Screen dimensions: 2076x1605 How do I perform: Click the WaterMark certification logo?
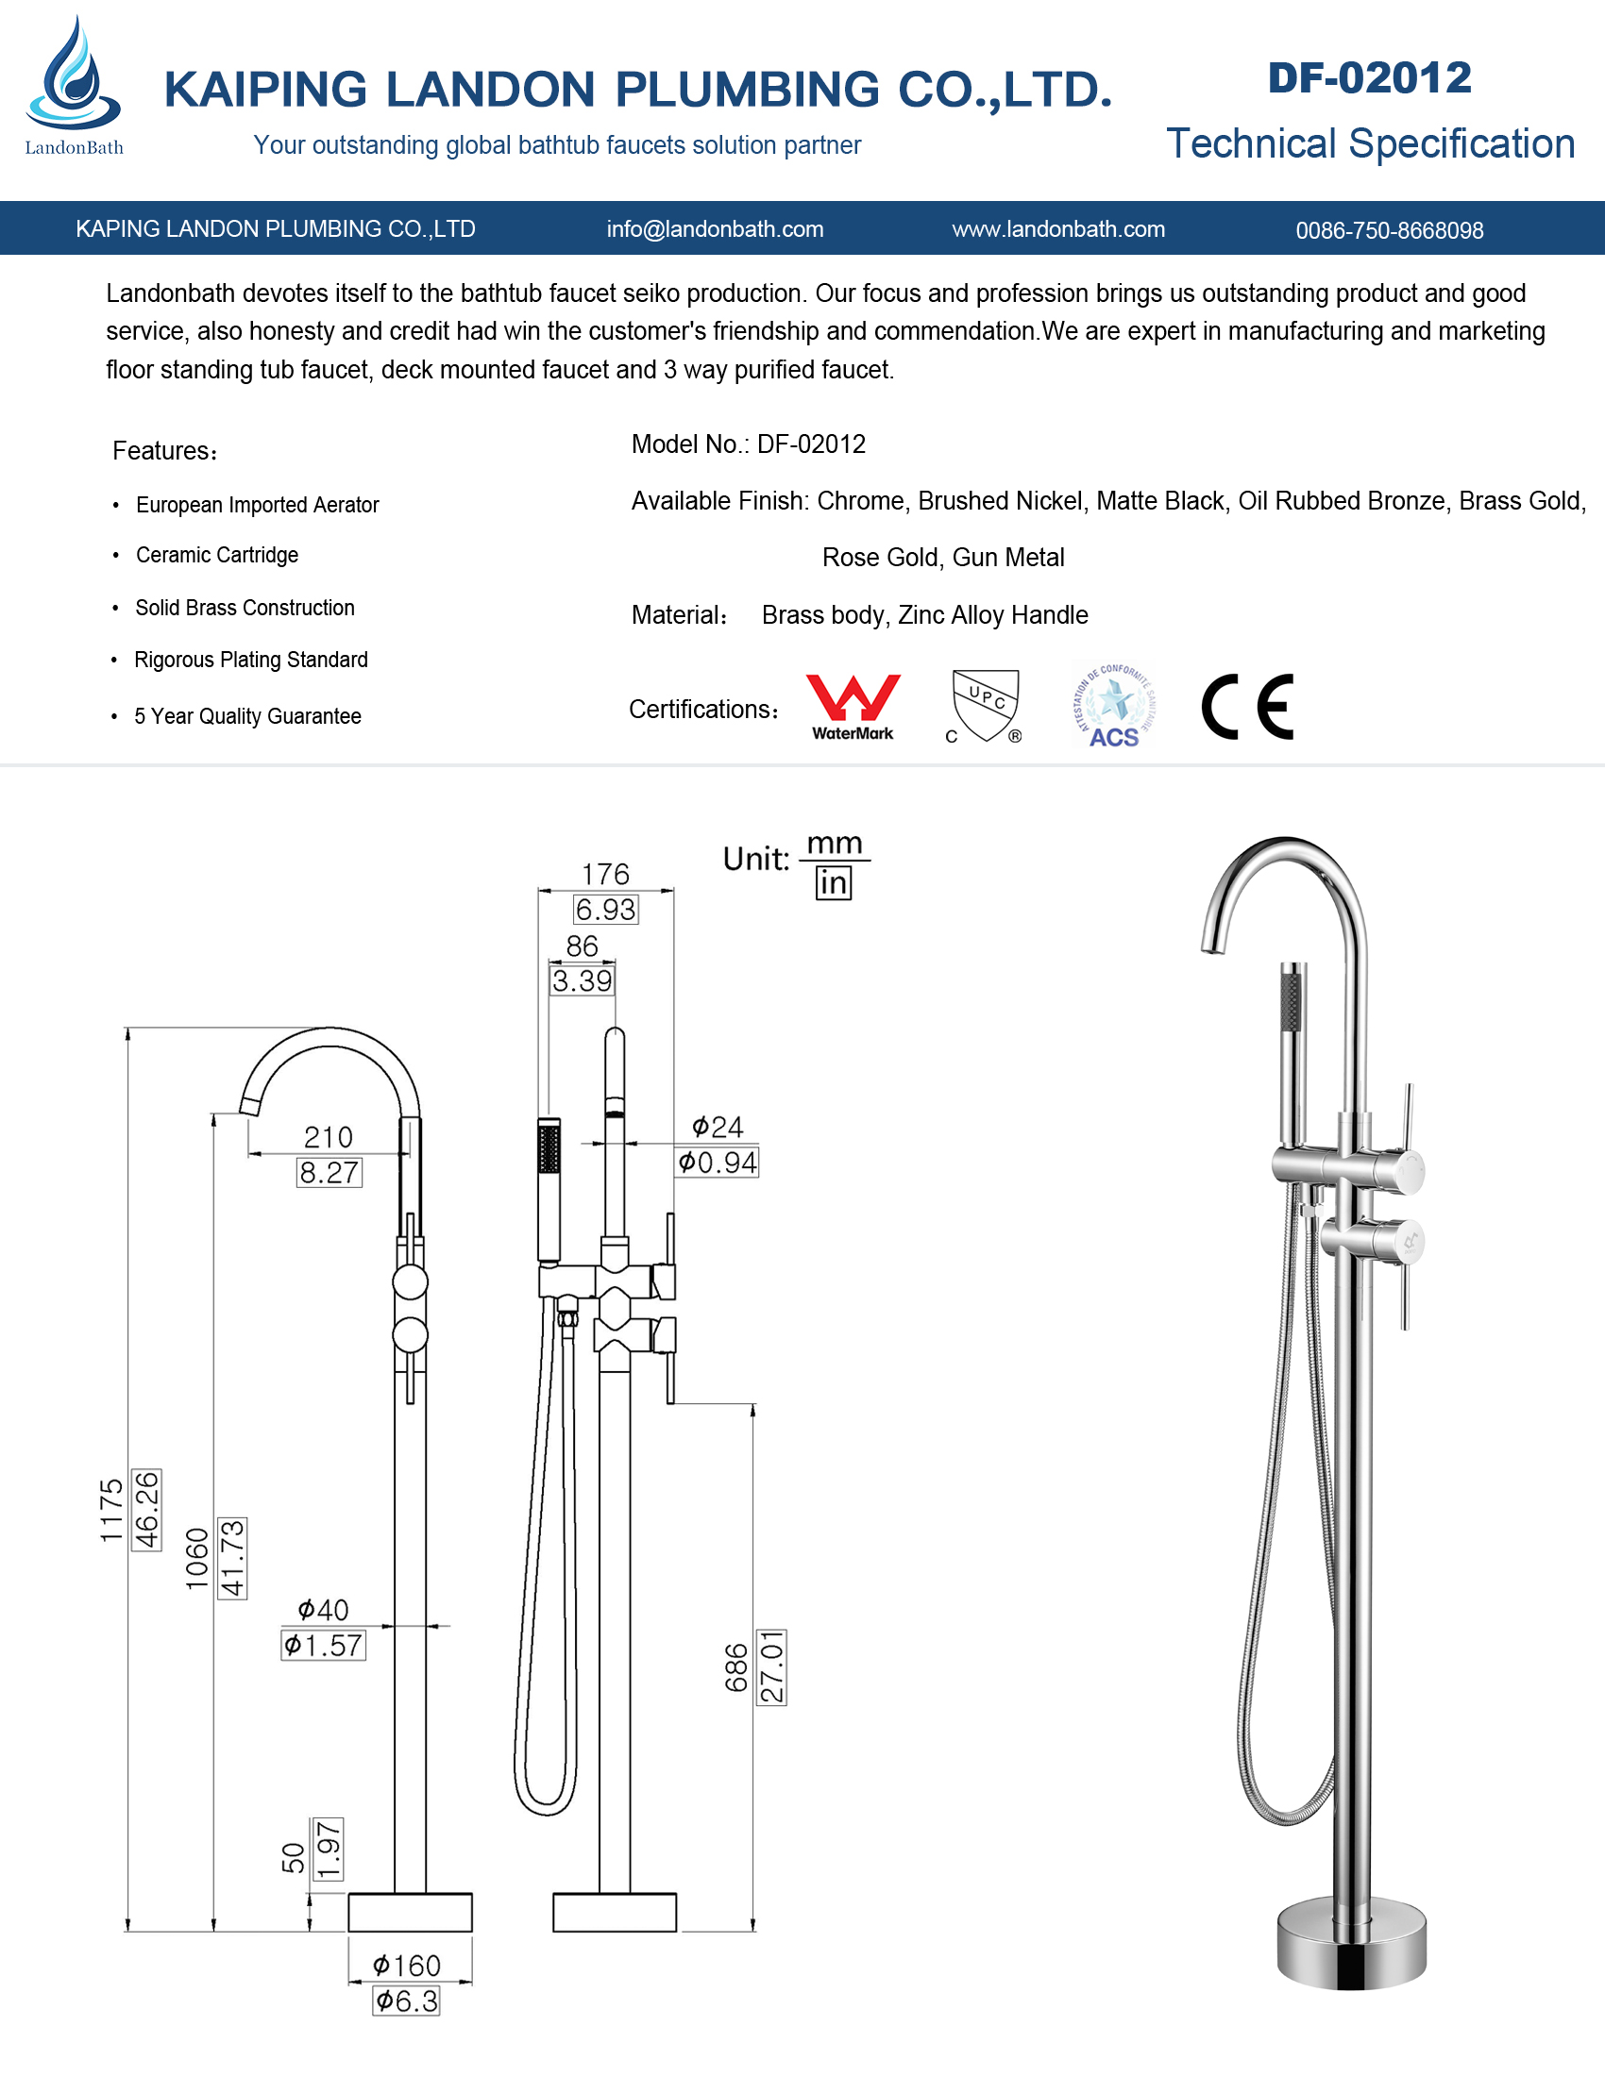click(853, 706)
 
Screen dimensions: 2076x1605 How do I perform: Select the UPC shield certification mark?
click(985, 704)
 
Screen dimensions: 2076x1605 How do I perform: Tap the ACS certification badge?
click(1113, 705)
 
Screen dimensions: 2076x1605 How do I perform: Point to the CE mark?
click(1247, 706)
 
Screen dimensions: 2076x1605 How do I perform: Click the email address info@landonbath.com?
click(715, 229)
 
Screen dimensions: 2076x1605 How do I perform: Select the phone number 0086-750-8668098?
click(1389, 230)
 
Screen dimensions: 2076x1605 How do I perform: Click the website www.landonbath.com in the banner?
click(1058, 229)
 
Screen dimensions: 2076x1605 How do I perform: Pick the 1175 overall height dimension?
click(111, 1511)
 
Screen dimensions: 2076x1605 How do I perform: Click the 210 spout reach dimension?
click(328, 1137)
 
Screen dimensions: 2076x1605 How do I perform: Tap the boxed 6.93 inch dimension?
click(606, 910)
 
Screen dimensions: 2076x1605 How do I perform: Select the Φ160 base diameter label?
click(407, 1965)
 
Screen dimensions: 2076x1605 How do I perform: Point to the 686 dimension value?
click(737, 1667)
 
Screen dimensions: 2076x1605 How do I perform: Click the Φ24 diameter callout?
click(718, 1128)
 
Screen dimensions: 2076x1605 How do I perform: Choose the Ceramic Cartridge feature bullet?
click(217, 555)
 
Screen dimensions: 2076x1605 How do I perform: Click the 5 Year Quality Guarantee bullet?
click(247, 717)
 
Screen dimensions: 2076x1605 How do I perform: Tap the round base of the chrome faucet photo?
click(1351, 1944)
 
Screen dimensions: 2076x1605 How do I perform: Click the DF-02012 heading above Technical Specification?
click(1369, 78)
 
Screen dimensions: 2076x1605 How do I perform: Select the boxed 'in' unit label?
click(833, 883)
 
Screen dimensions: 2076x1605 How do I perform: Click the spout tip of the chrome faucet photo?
click(1211, 945)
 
